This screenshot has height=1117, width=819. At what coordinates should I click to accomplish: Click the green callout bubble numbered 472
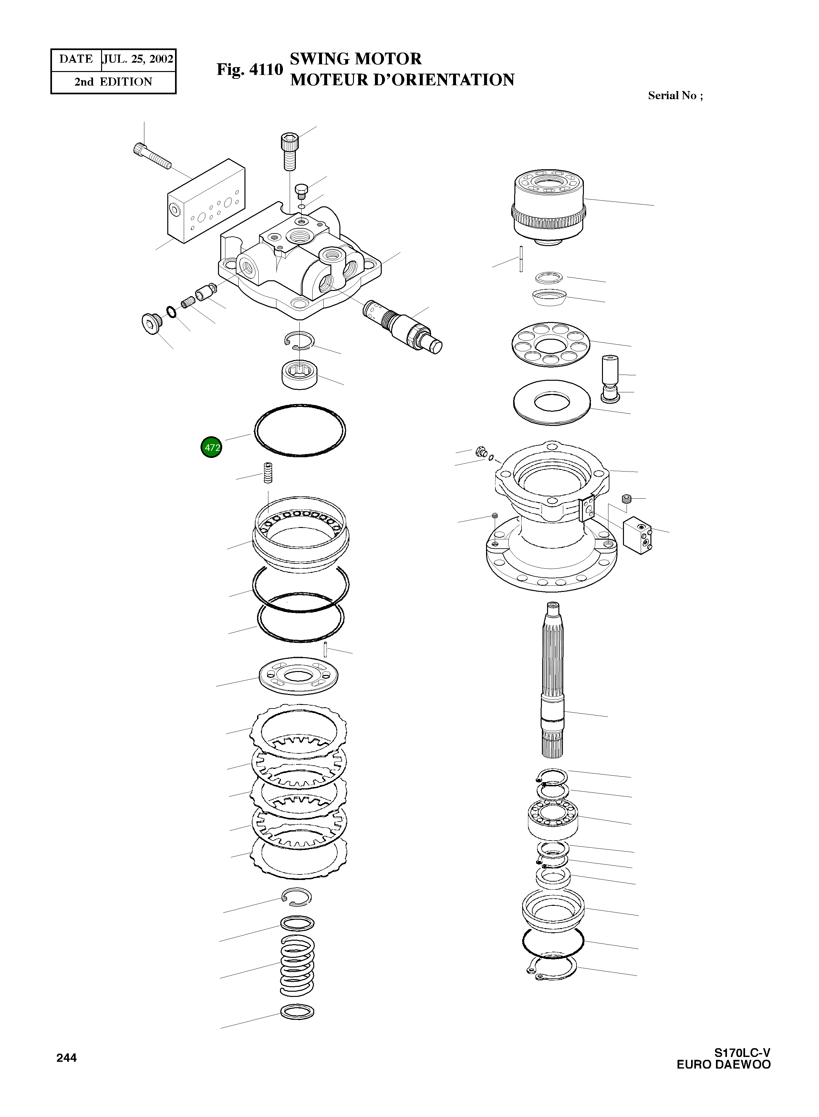pos(211,447)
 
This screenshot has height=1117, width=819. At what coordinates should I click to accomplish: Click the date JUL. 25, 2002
pos(138,59)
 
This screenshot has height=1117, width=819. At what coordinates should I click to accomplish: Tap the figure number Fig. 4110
pos(249,70)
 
